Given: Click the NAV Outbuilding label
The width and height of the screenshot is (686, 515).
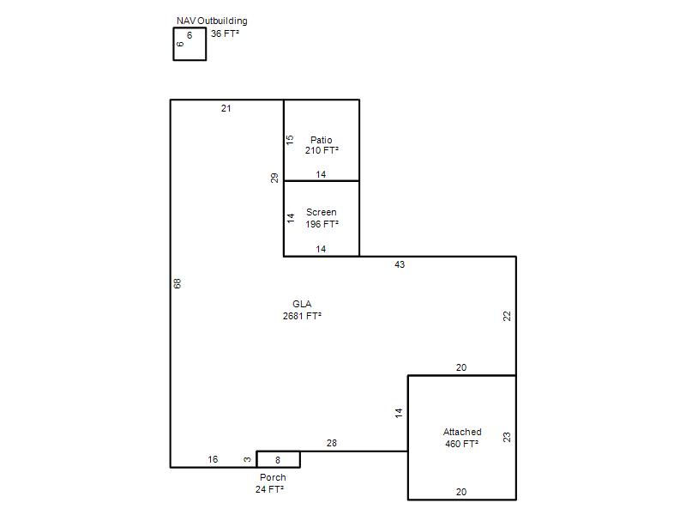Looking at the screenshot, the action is click(x=212, y=21).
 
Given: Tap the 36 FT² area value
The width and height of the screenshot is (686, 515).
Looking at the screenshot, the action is click(x=225, y=33).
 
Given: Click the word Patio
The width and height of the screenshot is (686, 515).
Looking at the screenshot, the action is click(x=321, y=140).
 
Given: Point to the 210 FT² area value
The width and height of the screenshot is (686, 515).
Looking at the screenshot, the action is click(x=322, y=150).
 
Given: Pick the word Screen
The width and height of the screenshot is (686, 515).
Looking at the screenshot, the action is click(x=321, y=212).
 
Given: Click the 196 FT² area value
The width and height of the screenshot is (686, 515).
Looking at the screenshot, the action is click(x=322, y=224).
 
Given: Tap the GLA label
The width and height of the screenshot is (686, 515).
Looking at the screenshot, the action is click(x=302, y=304).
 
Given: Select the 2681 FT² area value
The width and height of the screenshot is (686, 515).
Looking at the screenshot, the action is click(x=302, y=316).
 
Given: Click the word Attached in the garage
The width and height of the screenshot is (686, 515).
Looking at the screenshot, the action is click(x=462, y=432).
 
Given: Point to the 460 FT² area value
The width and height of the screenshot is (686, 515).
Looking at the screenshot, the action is click(x=462, y=444).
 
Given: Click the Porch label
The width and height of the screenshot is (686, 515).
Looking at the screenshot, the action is click(x=273, y=477).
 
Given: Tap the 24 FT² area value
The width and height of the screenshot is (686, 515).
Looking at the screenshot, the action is click(x=269, y=489).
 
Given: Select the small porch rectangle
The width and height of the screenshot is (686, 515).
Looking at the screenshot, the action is click(x=278, y=451).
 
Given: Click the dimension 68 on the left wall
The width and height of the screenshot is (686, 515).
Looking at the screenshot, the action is click(x=178, y=284).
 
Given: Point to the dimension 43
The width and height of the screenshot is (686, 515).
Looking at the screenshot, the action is click(x=400, y=264).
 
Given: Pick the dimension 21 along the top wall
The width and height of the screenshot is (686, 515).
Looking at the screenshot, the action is click(x=226, y=109).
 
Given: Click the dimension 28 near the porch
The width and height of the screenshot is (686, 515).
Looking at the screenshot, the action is click(x=332, y=443).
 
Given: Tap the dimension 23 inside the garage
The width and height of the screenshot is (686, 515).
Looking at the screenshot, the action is click(x=507, y=437).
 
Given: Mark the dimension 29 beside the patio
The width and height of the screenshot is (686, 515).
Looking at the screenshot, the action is click(x=274, y=179).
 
